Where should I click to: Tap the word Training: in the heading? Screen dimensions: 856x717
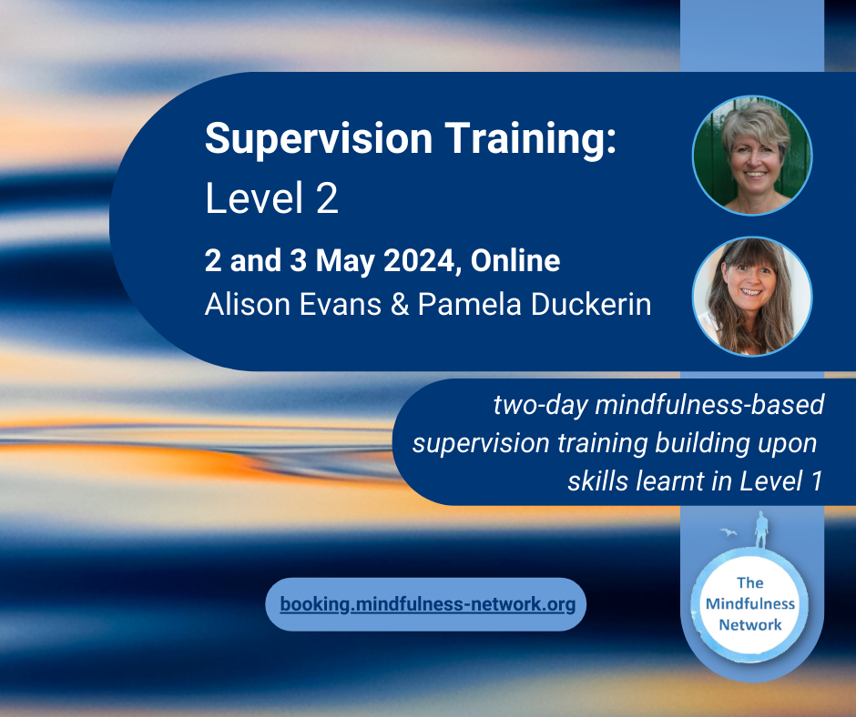(531, 138)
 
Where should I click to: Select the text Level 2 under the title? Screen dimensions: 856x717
(271, 197)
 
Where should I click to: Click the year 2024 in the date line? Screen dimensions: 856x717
(419, 261)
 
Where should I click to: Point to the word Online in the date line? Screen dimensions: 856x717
(515, 260)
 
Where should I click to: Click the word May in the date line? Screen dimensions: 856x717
(345, 261)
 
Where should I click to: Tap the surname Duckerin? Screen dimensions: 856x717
(591, 304)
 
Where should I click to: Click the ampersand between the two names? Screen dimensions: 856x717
(400, 305)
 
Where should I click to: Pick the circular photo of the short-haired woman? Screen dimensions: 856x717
(751, 156)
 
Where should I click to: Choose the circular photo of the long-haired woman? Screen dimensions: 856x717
(751, 297)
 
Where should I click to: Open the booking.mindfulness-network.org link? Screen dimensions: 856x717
(427, 604)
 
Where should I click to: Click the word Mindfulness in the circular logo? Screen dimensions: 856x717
(750, 603)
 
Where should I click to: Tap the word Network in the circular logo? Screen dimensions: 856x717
(750, 624)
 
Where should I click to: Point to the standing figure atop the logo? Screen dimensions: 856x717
(761, 530)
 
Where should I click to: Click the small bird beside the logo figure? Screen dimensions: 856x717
(729, 531)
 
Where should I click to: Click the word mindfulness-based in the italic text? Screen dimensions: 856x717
(709, 405)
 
